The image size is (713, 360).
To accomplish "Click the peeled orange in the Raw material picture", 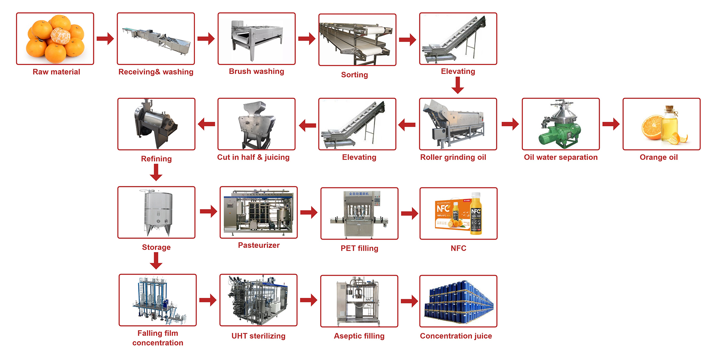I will (60, 36).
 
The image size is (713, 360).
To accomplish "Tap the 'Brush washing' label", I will (256, 71).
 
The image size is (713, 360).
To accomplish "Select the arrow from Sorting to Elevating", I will (407, 39).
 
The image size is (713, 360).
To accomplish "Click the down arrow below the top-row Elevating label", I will (458, 85).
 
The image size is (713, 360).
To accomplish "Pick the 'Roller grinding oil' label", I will (453, 157).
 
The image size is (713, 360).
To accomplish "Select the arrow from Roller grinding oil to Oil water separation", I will (509, 124).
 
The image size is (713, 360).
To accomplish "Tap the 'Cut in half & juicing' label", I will (253, 157).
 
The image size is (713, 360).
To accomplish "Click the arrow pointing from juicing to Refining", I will (206, 124).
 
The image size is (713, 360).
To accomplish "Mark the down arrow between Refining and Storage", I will (156, 172).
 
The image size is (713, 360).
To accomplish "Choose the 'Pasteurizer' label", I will (258, 245).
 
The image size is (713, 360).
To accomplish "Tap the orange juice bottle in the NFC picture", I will (476, 214).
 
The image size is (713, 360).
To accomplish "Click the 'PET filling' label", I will (359, 248).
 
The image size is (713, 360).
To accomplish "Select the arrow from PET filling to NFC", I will (409, 213).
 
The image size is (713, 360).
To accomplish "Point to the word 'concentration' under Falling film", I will (157, 343).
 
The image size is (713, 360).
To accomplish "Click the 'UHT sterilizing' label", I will (258, 336).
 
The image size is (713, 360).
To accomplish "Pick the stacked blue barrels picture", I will (459, 301).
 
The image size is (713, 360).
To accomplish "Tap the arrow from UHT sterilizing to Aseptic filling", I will (308, 300).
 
